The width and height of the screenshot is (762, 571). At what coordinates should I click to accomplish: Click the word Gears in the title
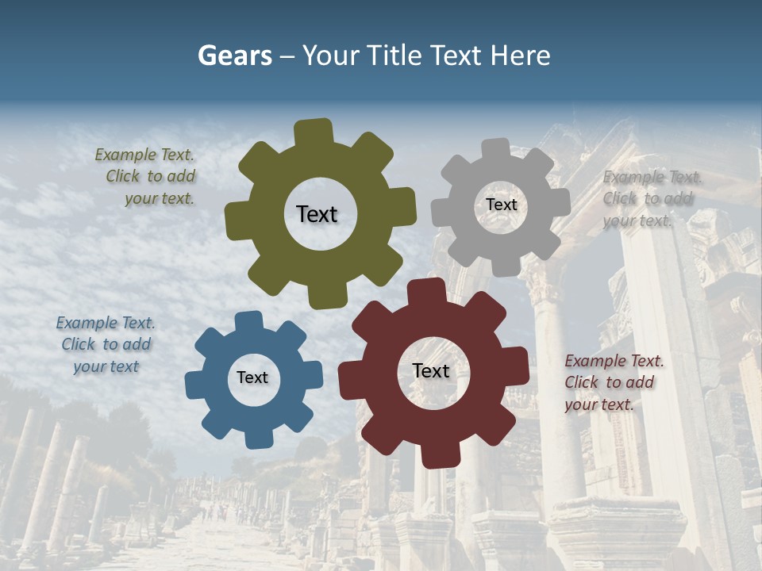coord(234,56)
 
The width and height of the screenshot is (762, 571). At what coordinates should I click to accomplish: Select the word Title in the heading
coord(394,56)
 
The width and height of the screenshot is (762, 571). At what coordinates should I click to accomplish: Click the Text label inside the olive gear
coord(317,214)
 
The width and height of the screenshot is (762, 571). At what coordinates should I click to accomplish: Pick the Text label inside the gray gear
coord(501,205)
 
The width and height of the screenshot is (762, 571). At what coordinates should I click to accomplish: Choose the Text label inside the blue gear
coord(252,377)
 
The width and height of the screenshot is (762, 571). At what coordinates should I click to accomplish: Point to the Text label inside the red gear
coord(431,370)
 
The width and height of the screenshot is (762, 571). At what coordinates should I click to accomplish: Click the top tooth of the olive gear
coord(314,132)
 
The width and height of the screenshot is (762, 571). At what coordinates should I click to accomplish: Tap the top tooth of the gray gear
coord(496,148)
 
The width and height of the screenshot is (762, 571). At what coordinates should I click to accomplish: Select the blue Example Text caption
coord(106,344)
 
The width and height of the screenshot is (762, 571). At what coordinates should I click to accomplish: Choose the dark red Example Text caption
coord(613,382)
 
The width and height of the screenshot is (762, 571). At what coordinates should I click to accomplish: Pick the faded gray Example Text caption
coord(651,198)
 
